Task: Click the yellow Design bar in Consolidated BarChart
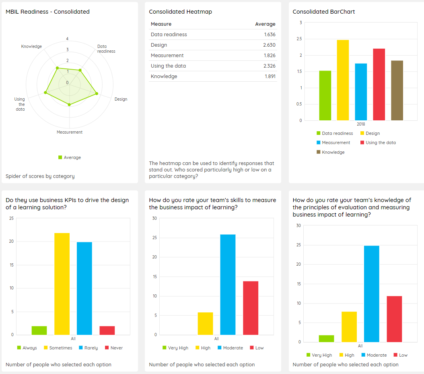[x=343, y=80]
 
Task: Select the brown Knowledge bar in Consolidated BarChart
[x=397, y=91]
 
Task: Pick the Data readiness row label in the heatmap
[x=169, y=35]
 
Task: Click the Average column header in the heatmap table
[x=265, y=24]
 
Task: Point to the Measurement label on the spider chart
[x=70, y=132]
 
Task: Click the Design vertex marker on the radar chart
[x=97, y=94]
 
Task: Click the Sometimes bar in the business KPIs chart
[x=62, y=284]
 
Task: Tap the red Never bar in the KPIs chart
[x=107, y=331]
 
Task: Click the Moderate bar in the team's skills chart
[x=228, y=285]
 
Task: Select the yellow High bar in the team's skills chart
[x=205, y=324]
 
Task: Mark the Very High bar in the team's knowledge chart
[x=326, y=339]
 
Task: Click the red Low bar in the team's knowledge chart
[x=394, y=319]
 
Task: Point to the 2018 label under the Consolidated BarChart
[x=360, y=124]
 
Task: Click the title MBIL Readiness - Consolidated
[x=47, y=12]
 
